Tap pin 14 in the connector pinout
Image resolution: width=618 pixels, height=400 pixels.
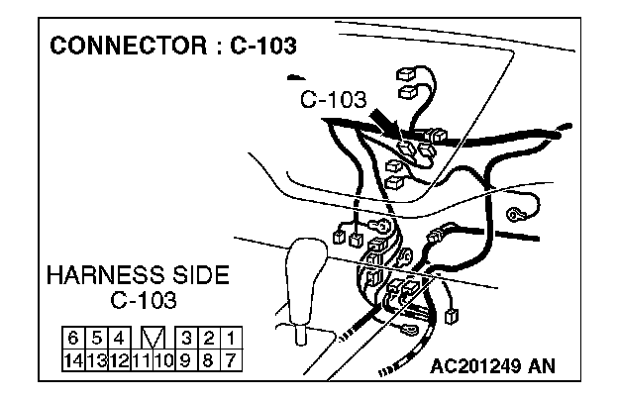[73, 356]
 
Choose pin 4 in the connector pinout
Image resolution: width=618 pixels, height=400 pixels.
[118, 338]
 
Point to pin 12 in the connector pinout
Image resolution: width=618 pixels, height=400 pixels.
[118, 356]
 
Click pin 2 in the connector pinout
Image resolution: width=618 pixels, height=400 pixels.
[208, 338]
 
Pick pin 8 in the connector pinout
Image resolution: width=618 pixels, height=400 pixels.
[208, 356]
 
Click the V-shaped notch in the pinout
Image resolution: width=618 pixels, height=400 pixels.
[152, 338]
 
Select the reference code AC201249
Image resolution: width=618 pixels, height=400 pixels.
[474, 366]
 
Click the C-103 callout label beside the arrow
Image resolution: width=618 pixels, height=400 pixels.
[333, 100]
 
